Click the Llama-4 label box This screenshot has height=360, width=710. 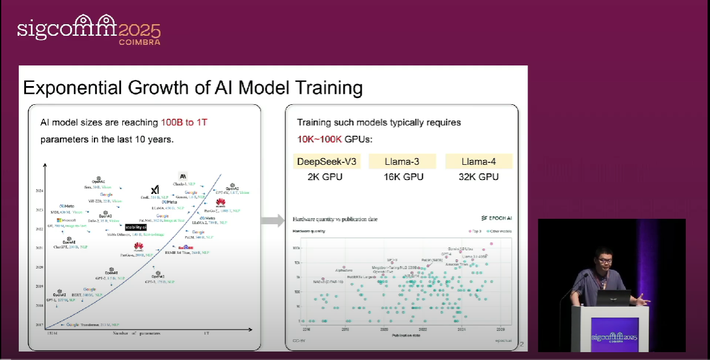tap(479, 162)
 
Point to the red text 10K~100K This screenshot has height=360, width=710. tap(319, 139)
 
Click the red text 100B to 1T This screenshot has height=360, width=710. tap(184, 122)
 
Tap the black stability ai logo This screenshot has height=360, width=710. tap(136, 227)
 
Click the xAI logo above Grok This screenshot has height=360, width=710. tap(154, 189)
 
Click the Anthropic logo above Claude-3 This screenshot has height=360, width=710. tap(183, 176)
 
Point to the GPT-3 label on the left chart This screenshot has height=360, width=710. tap(151, 282)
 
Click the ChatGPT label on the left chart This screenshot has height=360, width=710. tap(62, 247)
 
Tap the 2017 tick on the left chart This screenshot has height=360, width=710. tap(39, 325)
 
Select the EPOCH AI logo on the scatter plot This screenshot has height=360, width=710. tap(496, 218)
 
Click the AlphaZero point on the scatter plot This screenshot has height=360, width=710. tap(343, 267)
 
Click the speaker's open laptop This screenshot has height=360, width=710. tap(613, 298)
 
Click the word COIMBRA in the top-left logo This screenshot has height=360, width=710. tap(139, 42)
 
